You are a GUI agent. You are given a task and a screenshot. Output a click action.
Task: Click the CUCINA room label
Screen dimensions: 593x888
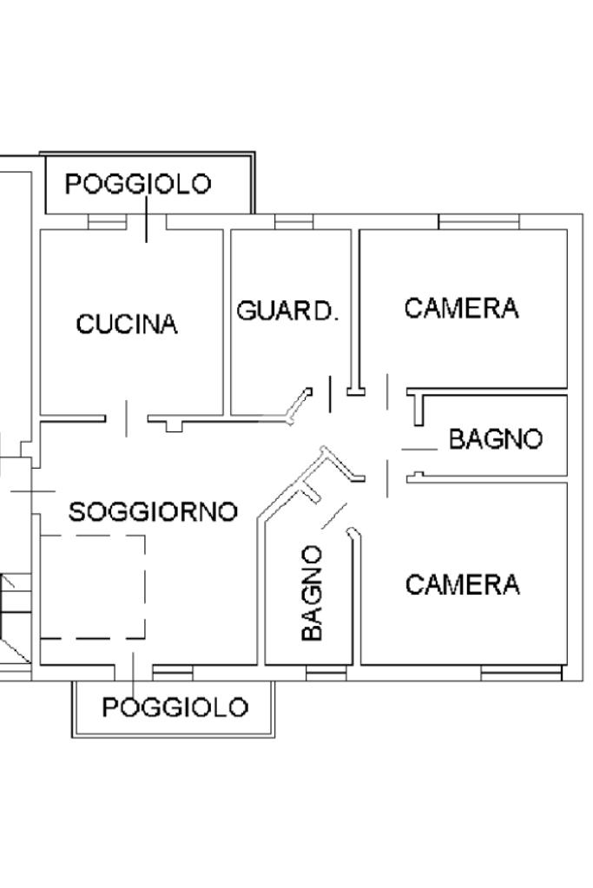(x=127, y=325)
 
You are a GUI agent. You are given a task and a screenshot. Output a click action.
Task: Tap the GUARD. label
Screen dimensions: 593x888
(x=287, y=311)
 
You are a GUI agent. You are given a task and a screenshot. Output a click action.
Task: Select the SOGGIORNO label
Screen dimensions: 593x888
(x=153, y=512)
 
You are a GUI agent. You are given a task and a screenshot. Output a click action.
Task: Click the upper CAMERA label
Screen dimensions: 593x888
(x=462, y=308)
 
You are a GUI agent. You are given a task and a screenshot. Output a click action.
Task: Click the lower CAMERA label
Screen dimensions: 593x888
(x=462, y=585)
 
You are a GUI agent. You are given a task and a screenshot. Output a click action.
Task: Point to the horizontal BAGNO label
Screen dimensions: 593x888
(x=496, y=439)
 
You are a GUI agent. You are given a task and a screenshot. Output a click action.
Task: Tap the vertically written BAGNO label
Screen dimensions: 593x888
(x=312, y=593)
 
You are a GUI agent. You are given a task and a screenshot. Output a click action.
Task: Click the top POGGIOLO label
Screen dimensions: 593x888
(x=139, y=184)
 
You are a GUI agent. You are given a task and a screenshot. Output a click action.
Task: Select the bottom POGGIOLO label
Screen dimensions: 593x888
(x=175, y=707)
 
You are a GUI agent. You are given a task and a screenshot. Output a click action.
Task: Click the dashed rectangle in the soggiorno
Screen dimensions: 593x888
(x=92, y=587)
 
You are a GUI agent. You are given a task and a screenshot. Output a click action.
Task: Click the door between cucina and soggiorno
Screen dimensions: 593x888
(x=127, y=418)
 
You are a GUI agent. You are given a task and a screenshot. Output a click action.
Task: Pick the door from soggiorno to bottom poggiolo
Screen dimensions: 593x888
(x=133, y=668)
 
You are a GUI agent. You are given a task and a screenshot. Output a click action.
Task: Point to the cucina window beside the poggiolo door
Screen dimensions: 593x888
(x=108, y=223)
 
